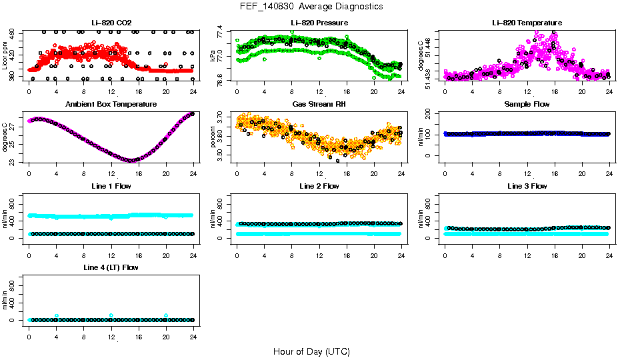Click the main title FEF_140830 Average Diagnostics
click(312, 6)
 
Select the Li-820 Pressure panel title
click(319, 23)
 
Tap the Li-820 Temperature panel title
click(527, 23)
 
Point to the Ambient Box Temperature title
click(111, 105)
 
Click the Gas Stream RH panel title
click(319, 105)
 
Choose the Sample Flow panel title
click(527, 105)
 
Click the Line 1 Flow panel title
click(111, 186)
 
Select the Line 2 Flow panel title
click(319, 186)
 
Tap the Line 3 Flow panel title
click(527, 186)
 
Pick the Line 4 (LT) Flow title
click(111, 267)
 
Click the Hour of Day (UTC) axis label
click(311, 351)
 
